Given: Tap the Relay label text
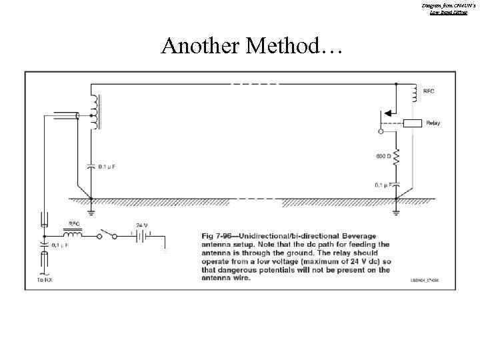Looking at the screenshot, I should coord(433,123).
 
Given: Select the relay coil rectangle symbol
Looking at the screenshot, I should coord(413,123).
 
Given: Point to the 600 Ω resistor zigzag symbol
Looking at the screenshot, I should coord(396,159).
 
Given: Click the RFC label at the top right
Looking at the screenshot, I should coord(431,89).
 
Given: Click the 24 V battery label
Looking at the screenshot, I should coord(141,224).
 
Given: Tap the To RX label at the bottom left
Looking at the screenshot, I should coord(45,281).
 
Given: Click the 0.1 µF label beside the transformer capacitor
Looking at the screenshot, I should coord(108,166).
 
